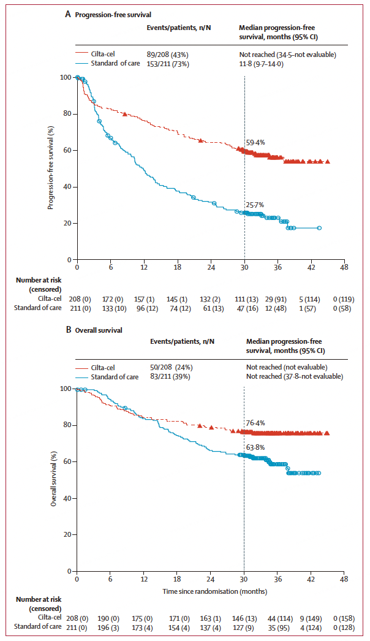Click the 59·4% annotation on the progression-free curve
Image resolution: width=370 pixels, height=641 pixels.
(255, 142)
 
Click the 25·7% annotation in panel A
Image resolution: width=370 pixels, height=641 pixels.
(255, 205)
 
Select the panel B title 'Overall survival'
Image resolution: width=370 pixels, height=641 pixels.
(99, 330)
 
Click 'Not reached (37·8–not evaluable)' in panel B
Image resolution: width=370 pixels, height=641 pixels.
(295, 376)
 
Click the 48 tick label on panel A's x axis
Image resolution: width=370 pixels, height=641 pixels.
(344, 268)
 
